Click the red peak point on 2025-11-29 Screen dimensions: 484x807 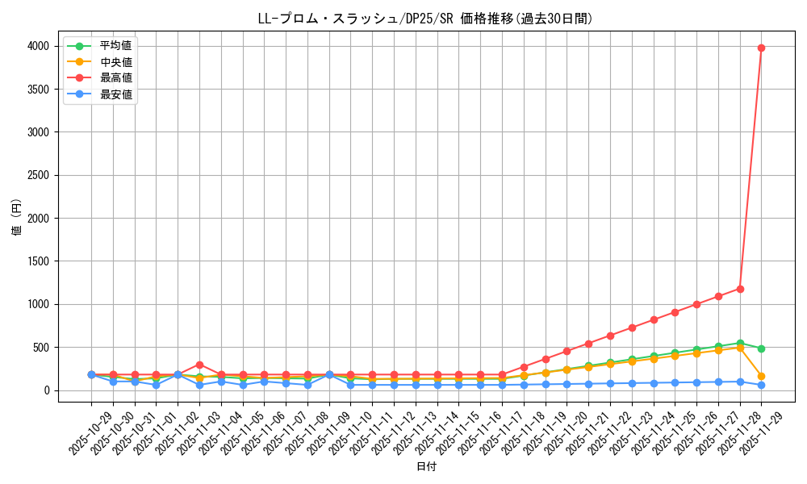[761, 48]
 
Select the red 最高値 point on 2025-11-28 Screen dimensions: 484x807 [740, 289]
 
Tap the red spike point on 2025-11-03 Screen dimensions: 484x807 [199, 365]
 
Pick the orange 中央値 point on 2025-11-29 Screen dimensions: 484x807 [761, 377]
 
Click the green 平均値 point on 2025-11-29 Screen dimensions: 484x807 [761, 348]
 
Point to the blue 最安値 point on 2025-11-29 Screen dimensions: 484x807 [761, 386]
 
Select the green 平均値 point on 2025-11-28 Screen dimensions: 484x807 [740, 343]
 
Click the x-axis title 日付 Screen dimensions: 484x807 [426, 467]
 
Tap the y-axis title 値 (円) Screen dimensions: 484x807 [17, 218]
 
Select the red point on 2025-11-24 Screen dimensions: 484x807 [654, 319]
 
